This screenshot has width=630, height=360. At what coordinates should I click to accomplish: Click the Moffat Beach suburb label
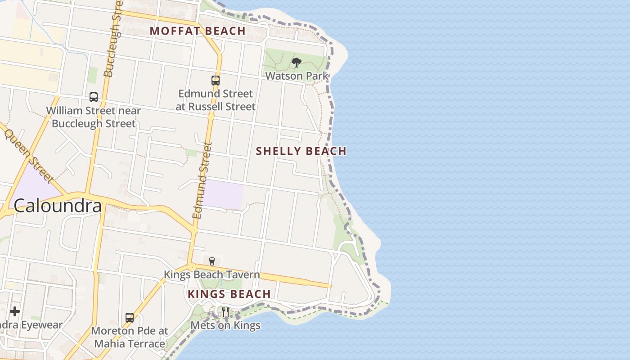click(x=198, y=31)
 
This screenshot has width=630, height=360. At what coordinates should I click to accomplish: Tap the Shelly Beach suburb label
click(x=301, y=151)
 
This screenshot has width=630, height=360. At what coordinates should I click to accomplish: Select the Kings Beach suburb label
click(x=229, y=294)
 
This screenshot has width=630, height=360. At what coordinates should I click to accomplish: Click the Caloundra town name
click(x=57, y=206)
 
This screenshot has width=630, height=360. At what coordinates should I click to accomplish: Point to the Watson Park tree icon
click(x=296, y=63)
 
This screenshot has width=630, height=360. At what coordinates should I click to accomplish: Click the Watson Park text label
click(x=297, y=76)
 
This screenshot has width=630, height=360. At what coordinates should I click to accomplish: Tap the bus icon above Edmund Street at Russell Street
click(x=216, y=81)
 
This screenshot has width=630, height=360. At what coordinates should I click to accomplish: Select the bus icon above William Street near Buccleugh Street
click(x=94, y=97)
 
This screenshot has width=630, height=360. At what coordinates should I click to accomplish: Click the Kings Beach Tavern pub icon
click(x=212, y=261)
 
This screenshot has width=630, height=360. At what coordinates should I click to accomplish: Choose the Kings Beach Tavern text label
click(x=211, y=274)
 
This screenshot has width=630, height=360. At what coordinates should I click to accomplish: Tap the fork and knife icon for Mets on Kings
click(x=225, y=312)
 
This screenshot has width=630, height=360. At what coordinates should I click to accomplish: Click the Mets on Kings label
click(x=225, y=325)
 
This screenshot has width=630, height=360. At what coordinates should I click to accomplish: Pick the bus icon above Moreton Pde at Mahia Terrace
click(x=130, y=318)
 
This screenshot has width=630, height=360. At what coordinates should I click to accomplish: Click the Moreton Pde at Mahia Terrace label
click(x=130, y=337)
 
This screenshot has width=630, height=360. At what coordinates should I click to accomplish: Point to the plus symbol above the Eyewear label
click(x=15, y=311)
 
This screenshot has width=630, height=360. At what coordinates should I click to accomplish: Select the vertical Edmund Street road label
click(x=202, y=180)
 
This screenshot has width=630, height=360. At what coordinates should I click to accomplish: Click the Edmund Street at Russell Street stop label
click(x=216, y=100)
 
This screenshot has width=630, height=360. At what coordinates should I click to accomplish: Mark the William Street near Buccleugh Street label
click(x=94, y=117)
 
